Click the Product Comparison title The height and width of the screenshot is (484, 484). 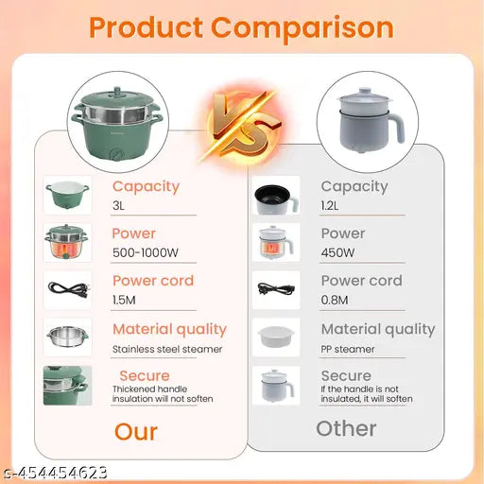coord(241,27)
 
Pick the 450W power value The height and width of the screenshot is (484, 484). coord(337,254)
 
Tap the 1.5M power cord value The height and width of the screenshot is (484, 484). coord(124,301)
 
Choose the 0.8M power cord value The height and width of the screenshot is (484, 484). coord(335,301)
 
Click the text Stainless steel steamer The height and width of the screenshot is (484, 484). coord(167,350)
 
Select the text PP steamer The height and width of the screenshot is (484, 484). coord(348,350)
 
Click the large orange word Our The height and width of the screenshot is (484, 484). coord(136,432)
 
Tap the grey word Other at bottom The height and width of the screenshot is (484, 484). coord(346,428)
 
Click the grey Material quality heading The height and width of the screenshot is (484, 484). coord(378,329)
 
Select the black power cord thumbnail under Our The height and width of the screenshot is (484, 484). coord(67,287)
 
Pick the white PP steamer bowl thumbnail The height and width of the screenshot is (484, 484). coord(276,337)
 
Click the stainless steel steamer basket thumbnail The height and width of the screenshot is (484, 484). coord(67,336)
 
